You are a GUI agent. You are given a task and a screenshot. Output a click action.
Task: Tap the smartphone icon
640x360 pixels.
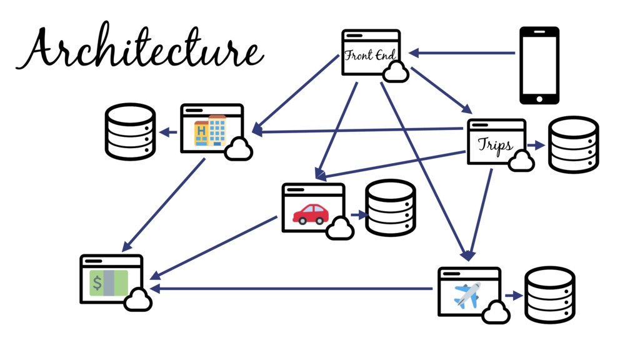[539, 65]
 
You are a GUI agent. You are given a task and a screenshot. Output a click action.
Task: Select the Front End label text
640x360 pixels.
[370, 56]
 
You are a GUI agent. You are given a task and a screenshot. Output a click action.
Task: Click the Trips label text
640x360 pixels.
[495, 145]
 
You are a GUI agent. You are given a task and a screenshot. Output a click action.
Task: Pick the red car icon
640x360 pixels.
[311, 214]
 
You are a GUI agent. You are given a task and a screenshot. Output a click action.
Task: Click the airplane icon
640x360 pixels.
[467, 294]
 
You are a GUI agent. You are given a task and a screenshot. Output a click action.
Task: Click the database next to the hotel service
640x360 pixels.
[130, 132]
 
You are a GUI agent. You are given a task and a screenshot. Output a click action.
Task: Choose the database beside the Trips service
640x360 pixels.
[573, 144]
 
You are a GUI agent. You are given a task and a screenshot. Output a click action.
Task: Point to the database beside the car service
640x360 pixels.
[391, 207]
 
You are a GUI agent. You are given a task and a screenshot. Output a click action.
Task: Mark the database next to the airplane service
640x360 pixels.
[549, 294]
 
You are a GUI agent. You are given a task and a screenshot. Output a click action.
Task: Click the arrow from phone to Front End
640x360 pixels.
[462, 53]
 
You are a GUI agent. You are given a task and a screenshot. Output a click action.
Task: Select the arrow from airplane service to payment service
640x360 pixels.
[291, 289]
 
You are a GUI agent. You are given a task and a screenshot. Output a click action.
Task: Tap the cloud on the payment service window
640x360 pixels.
[138, 301]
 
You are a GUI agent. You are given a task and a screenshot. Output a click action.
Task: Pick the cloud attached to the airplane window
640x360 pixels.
[496, 312]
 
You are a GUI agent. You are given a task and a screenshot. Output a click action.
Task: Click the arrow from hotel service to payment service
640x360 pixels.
[166, 203]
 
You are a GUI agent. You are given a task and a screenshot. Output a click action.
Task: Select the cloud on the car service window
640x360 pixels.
[340, 229]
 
